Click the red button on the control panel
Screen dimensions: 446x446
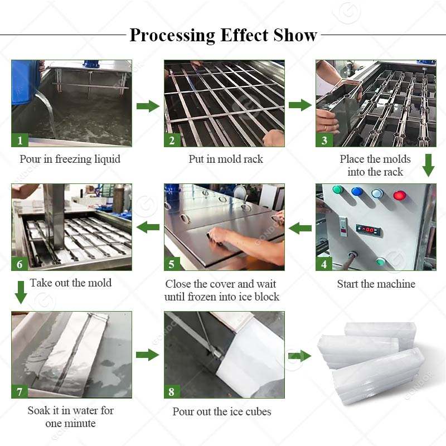(x=399, y=195)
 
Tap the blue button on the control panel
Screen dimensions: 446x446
(x=357, y=192)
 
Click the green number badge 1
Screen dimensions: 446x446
(x=20, y=140)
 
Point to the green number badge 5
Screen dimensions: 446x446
(x=172, y=263)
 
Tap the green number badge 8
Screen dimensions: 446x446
(x=172, y=391)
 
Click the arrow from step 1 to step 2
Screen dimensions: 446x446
(x=148, y=106)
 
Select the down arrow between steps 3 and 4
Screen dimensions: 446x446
(x=428, y=165)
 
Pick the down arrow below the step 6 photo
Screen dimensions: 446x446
(x=20, y=292)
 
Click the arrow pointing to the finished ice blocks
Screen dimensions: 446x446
(x=299, y=356)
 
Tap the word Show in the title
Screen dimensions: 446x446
(x=295, y=35)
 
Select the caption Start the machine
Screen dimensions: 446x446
(x=376, y=284)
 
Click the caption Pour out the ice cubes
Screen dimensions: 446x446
(x=222, y=411)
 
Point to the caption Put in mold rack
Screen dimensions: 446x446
(x=225, y=159)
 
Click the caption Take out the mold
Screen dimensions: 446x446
(x=71, y=283)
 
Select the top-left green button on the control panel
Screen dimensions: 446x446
(x=337, y=190)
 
